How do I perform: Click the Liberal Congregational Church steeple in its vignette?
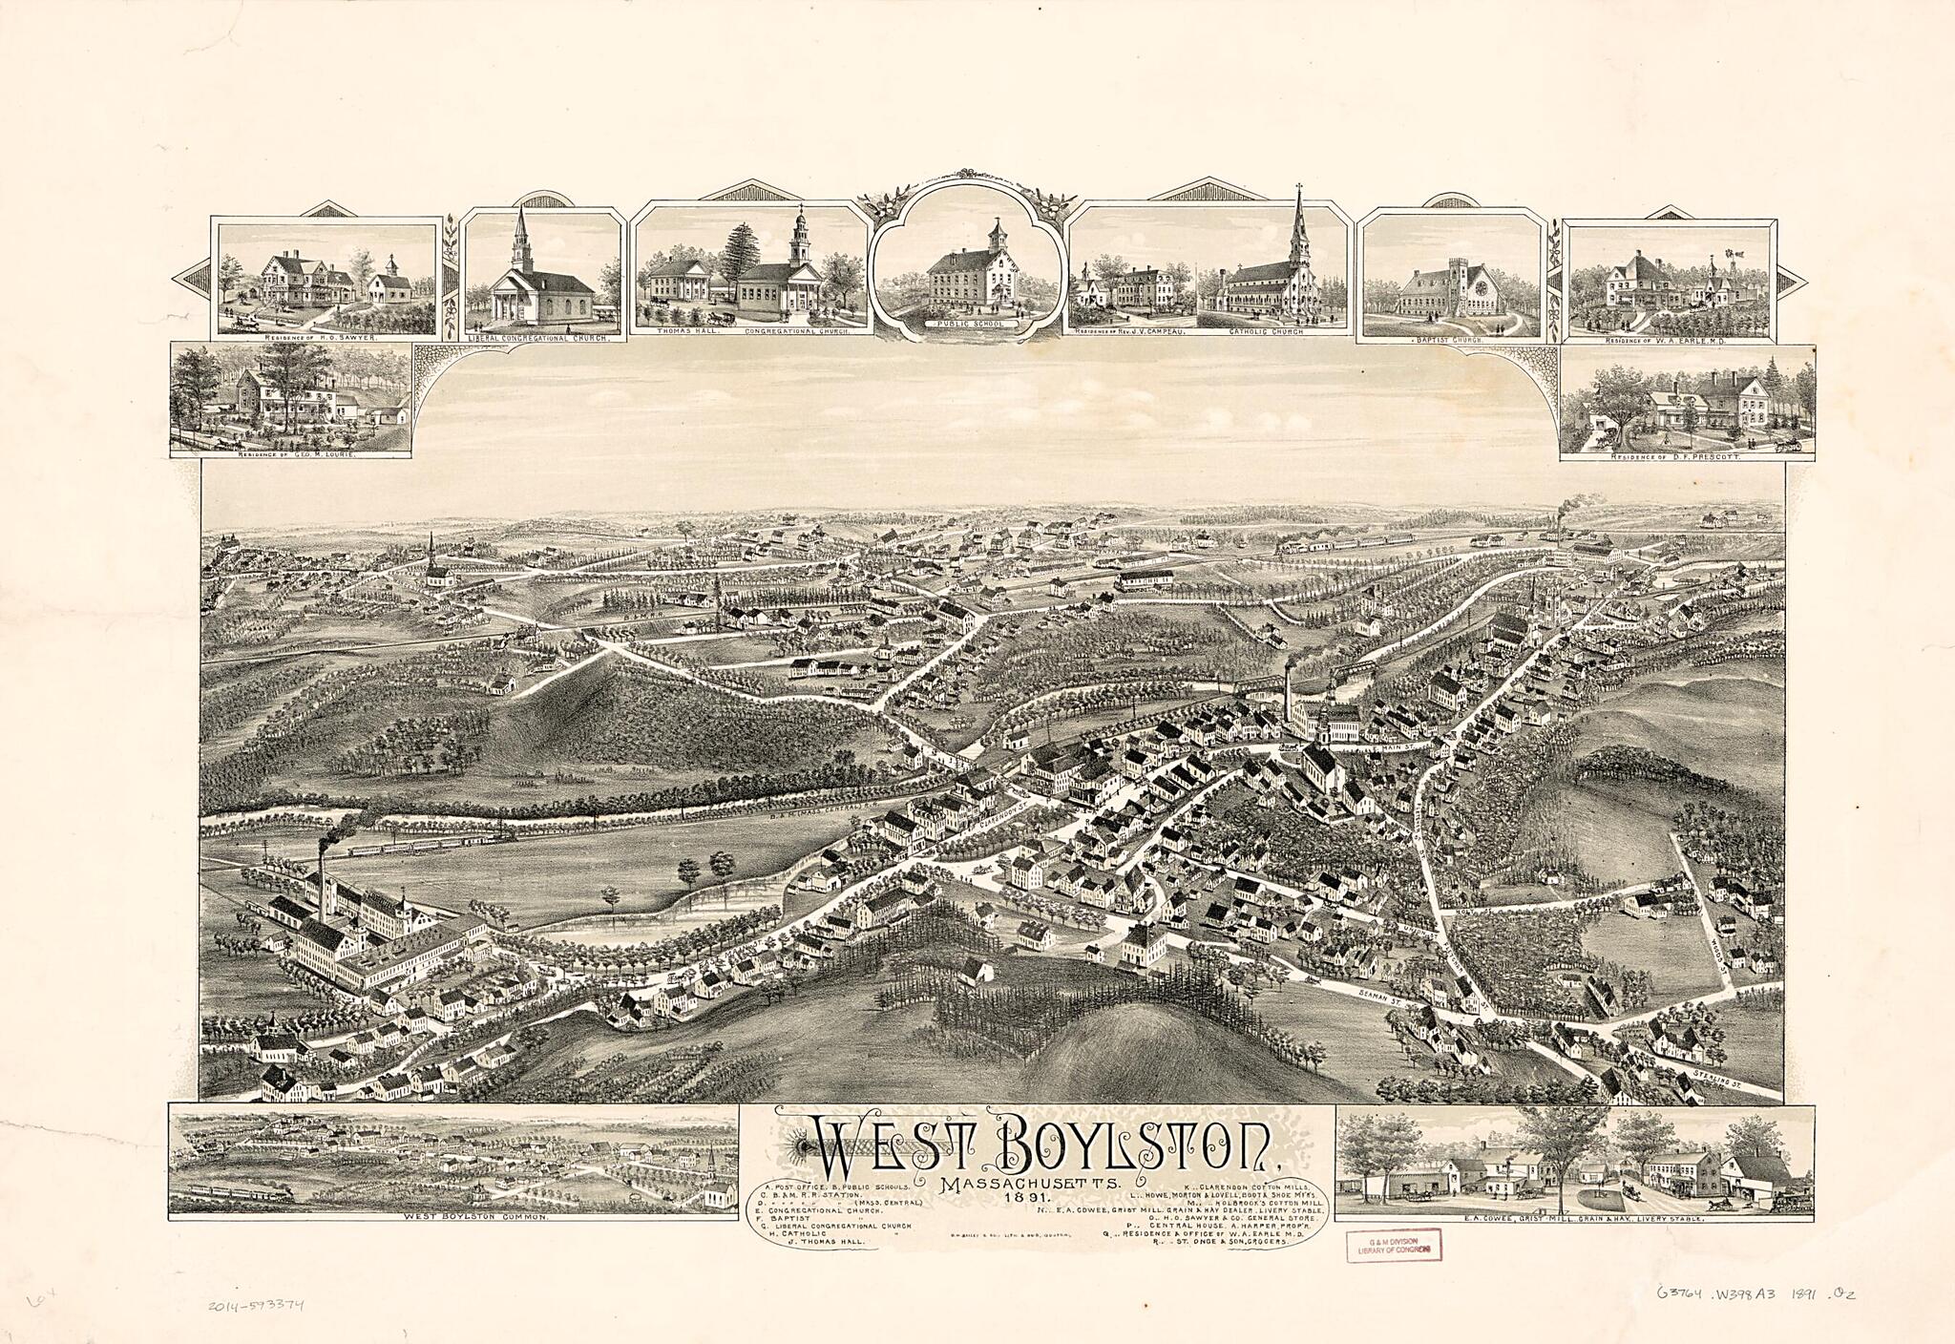tap(521, 229)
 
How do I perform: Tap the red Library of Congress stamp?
tap(1393, 1244)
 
